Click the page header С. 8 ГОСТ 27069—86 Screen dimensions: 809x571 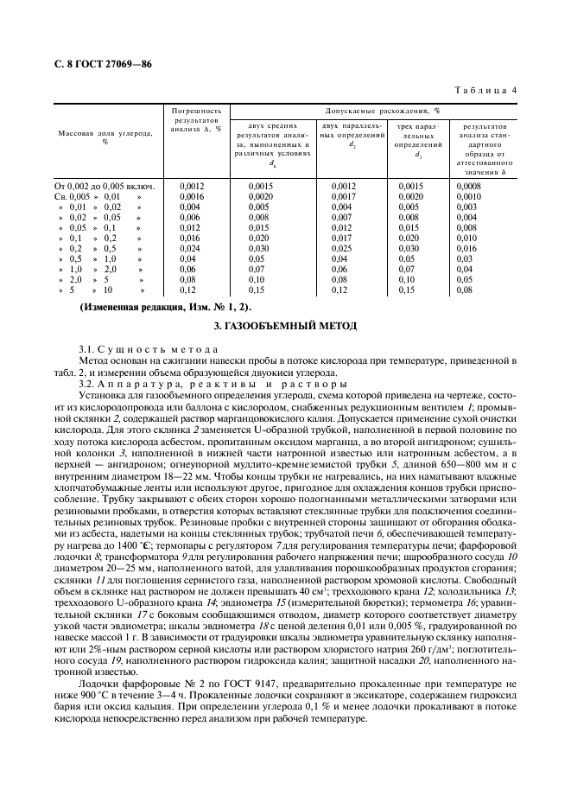[99, 63]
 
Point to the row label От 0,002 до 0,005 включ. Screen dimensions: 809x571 [104, 186]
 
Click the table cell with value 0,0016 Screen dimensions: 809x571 [191, 196]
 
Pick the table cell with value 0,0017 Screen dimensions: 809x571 [344, 196]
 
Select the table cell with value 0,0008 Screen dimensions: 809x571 [467, 186]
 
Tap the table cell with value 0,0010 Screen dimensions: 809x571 [467, 196]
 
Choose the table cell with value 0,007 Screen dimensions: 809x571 [344, 217]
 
